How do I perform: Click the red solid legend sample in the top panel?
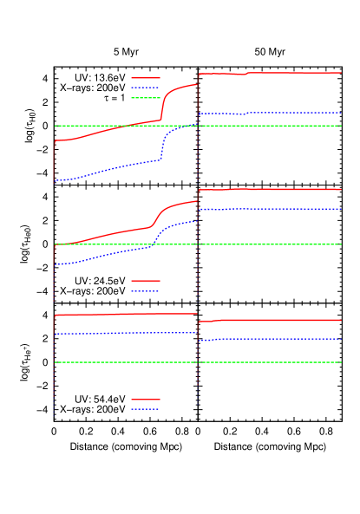tap(146, 78)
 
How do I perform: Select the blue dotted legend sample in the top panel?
tap(146, 88)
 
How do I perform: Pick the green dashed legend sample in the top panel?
tap(146, 98)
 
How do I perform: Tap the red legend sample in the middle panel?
tap(146, 281)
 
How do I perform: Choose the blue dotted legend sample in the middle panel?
tap(146, 291)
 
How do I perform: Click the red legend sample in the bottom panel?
tap(146, 400)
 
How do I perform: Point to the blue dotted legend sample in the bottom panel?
tap(146, 409)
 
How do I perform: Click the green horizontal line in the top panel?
tap(260, 126)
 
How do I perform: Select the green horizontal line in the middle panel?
tap(260, 244)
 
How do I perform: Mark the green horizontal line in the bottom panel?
tap(260, 362)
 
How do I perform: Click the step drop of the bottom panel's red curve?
tap(198, 318)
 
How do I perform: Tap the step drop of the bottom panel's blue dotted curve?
tap(198, 337)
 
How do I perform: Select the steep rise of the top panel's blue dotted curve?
tap(162, 147)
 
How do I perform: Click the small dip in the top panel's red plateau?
tap(244, 75)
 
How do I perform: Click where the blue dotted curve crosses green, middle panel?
tap(153, 244)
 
